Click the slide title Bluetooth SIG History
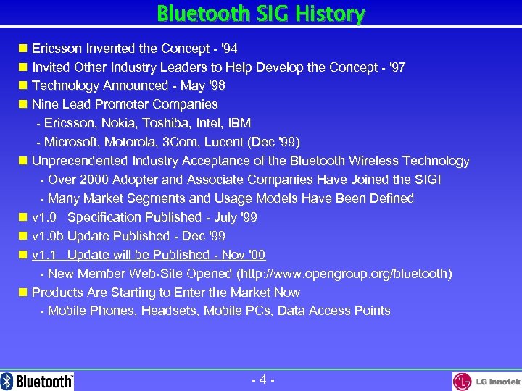(x=261, y=14)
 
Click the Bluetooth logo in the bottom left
(x=38, y=381)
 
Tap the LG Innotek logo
(x=486, y=382)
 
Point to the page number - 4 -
(x=262, y=379)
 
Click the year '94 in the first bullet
(x=228, y=49)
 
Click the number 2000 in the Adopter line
(x=89, y=180)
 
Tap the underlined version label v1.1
(x=45, y=255)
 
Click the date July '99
(x=236, y=217)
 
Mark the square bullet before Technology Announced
(x=23, y=86)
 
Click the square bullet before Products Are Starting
(x=23, y=293)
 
